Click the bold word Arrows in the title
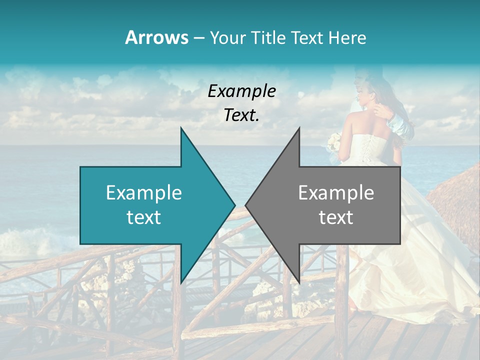tap(156, 37)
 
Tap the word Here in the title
tap(348, 37)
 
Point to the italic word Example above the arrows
tap(242, 91)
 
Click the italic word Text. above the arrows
tap(242, 115)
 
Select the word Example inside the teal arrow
tap(144, 193)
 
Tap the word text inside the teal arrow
tap(144, 217)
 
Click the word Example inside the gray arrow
tap(336, 193)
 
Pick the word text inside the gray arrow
tap(336, 217)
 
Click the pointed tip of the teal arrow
tap(234, 205)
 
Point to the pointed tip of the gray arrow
tap(246, 205)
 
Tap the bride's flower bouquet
tap(334, 142)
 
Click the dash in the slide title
tap(198, 38)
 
